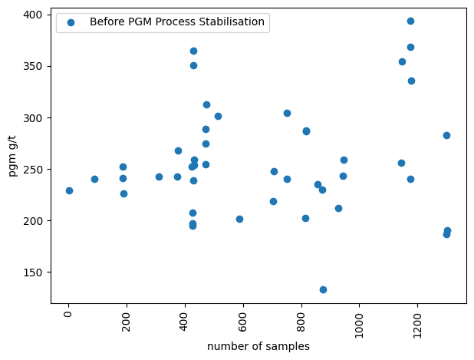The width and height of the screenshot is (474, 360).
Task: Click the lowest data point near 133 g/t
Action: pos(323,289)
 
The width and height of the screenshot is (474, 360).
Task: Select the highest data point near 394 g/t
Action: pos(410,21)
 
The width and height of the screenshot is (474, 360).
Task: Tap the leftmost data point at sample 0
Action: pos(69,190)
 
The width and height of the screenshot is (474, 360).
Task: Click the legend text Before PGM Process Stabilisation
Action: pos(177,21)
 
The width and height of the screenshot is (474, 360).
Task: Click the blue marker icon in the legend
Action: pos(71,22)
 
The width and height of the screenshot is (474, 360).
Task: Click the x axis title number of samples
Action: pos(258,346)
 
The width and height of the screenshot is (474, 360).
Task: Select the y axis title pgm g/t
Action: pos(12,159)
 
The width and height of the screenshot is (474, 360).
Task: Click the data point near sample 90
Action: pos(94,179)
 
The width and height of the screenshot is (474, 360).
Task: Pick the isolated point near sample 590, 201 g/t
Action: pos(239,219)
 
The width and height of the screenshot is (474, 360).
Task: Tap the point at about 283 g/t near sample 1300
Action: pos(446,135)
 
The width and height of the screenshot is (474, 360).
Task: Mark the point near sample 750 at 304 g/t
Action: pos(287,113)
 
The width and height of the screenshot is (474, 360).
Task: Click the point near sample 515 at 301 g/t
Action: pos(218,116)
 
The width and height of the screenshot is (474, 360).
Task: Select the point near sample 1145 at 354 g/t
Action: pos(402,61)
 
